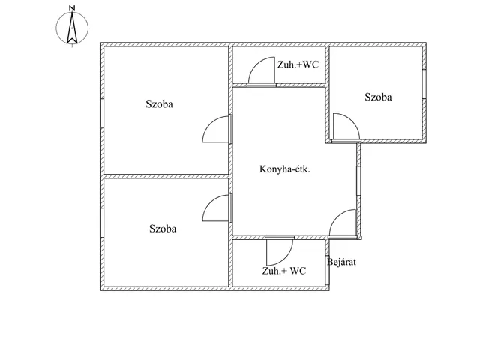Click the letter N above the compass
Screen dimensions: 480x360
pyautogui.click(x=72, y=8)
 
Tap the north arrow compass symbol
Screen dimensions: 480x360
pyautogui.click(x=72, y=28)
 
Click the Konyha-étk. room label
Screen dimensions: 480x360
pyautogui.click(x=285, y=169)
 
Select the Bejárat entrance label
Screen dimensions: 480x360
pyautogui.click(x=342, y=262)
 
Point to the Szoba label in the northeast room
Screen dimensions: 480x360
pyautogui.click(x=378, y=97)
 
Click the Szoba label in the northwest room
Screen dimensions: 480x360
pyautogui.click(x=159, y=104)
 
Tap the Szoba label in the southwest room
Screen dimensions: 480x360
pyautogui.click(x=163, y=229)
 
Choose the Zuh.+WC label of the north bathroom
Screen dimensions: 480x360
pyautogui.click(x=298, y=64)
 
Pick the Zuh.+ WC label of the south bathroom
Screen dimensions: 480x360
pyautogui.click(x=284, y=271)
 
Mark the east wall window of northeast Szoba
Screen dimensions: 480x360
pyautogui.click(x=424, y=84)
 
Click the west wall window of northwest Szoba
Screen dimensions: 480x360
pyautogui.click(x=102, y=113)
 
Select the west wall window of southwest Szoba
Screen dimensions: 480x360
pyautogui.click(x=102, y=223)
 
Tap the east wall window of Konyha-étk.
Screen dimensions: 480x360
pyautogui.click(x=358, y=181)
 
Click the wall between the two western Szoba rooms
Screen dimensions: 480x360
pyautogui.click(x=166, y=176)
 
